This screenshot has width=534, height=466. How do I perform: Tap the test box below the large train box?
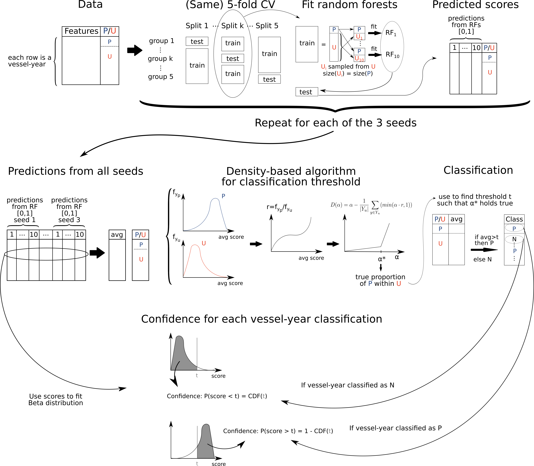pyautogui.click(x=307, y=92)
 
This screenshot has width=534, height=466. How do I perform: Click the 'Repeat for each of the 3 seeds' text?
pyautogui.click(x=335, y=123)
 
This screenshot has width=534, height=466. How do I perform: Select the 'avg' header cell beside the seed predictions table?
pyautogui.click(x=117, y=235)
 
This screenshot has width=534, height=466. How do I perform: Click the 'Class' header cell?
pyautogui.click(x=514, y=219)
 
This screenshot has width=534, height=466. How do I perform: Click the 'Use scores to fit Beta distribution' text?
pyautogui.click(x=56, y=399)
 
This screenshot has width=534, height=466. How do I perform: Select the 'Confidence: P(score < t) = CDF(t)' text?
pyautogui.click(x=217, y=396)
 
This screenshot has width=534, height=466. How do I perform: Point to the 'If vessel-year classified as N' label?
pyautogui.click(x=348, y=385)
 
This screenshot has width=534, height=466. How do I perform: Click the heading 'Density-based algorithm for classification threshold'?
pyautogui.click(x=291, y=176)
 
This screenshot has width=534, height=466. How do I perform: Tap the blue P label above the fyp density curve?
pyautogui.click(x=223, y=196)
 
